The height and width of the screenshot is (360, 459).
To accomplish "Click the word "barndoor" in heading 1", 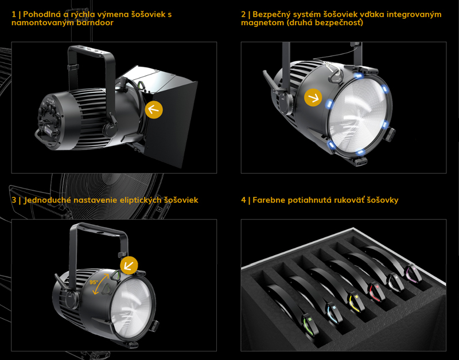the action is click(95, 22).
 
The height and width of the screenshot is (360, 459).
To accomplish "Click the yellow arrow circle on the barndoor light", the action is click(154, 109).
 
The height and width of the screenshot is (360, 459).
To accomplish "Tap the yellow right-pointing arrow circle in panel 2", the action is click(313, 97).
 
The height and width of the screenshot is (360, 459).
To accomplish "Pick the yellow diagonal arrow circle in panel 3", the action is click(129, 265).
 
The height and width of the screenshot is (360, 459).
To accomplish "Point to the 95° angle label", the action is click(94, 282).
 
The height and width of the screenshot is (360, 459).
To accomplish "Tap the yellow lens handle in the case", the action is click(356, 301).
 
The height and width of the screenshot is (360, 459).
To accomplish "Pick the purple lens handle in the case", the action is click(413, 273).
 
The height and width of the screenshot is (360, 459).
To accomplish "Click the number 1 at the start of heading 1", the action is click(14, 14).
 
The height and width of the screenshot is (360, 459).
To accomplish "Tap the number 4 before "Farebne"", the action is click(243, 200).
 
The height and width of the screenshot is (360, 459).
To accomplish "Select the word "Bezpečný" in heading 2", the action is click(271, 15).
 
